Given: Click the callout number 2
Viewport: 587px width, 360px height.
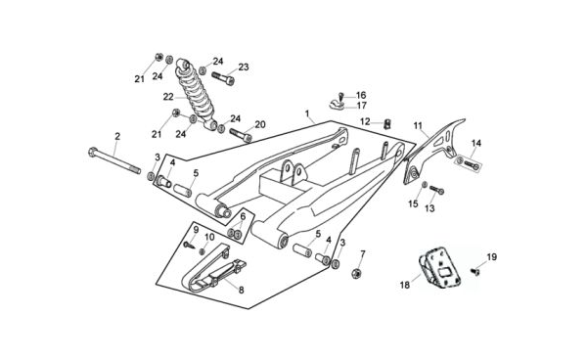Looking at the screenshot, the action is tap(117, 136).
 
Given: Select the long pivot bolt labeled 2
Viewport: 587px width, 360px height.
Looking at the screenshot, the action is tap(114, 160).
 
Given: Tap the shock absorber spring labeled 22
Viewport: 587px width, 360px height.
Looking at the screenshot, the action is tap(197, 95).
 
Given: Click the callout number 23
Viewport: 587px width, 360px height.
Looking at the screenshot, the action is tap(244, 67).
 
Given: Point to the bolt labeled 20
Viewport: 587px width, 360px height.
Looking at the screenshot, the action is tap(241, 135).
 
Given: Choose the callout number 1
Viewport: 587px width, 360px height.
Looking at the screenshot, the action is tap(307, 112).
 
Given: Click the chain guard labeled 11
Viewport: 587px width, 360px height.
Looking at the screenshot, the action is tap(434, 152).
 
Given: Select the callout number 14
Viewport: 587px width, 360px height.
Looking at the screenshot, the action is tap(476, 143).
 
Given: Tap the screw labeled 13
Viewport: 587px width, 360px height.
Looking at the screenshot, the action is tap(436, 190).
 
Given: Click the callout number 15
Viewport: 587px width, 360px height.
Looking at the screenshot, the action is tap(413, 203).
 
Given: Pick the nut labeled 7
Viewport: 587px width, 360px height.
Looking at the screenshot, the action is tap(357, 274).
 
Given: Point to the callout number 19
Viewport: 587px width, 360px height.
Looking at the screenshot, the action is tap(491, 257).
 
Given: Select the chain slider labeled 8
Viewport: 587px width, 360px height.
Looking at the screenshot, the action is tap(214, 268).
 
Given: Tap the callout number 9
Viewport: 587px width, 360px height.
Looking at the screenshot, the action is tap(196, 229).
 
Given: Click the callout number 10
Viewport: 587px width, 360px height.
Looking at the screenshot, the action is tap(209, 237).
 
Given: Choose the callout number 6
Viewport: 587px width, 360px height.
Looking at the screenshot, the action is tap(243, 216).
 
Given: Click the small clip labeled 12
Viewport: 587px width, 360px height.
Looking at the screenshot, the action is tap(388, 122).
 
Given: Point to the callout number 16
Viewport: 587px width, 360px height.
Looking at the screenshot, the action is tap(361, 95).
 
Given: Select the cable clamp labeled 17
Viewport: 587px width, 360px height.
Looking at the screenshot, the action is tap(339, 105).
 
